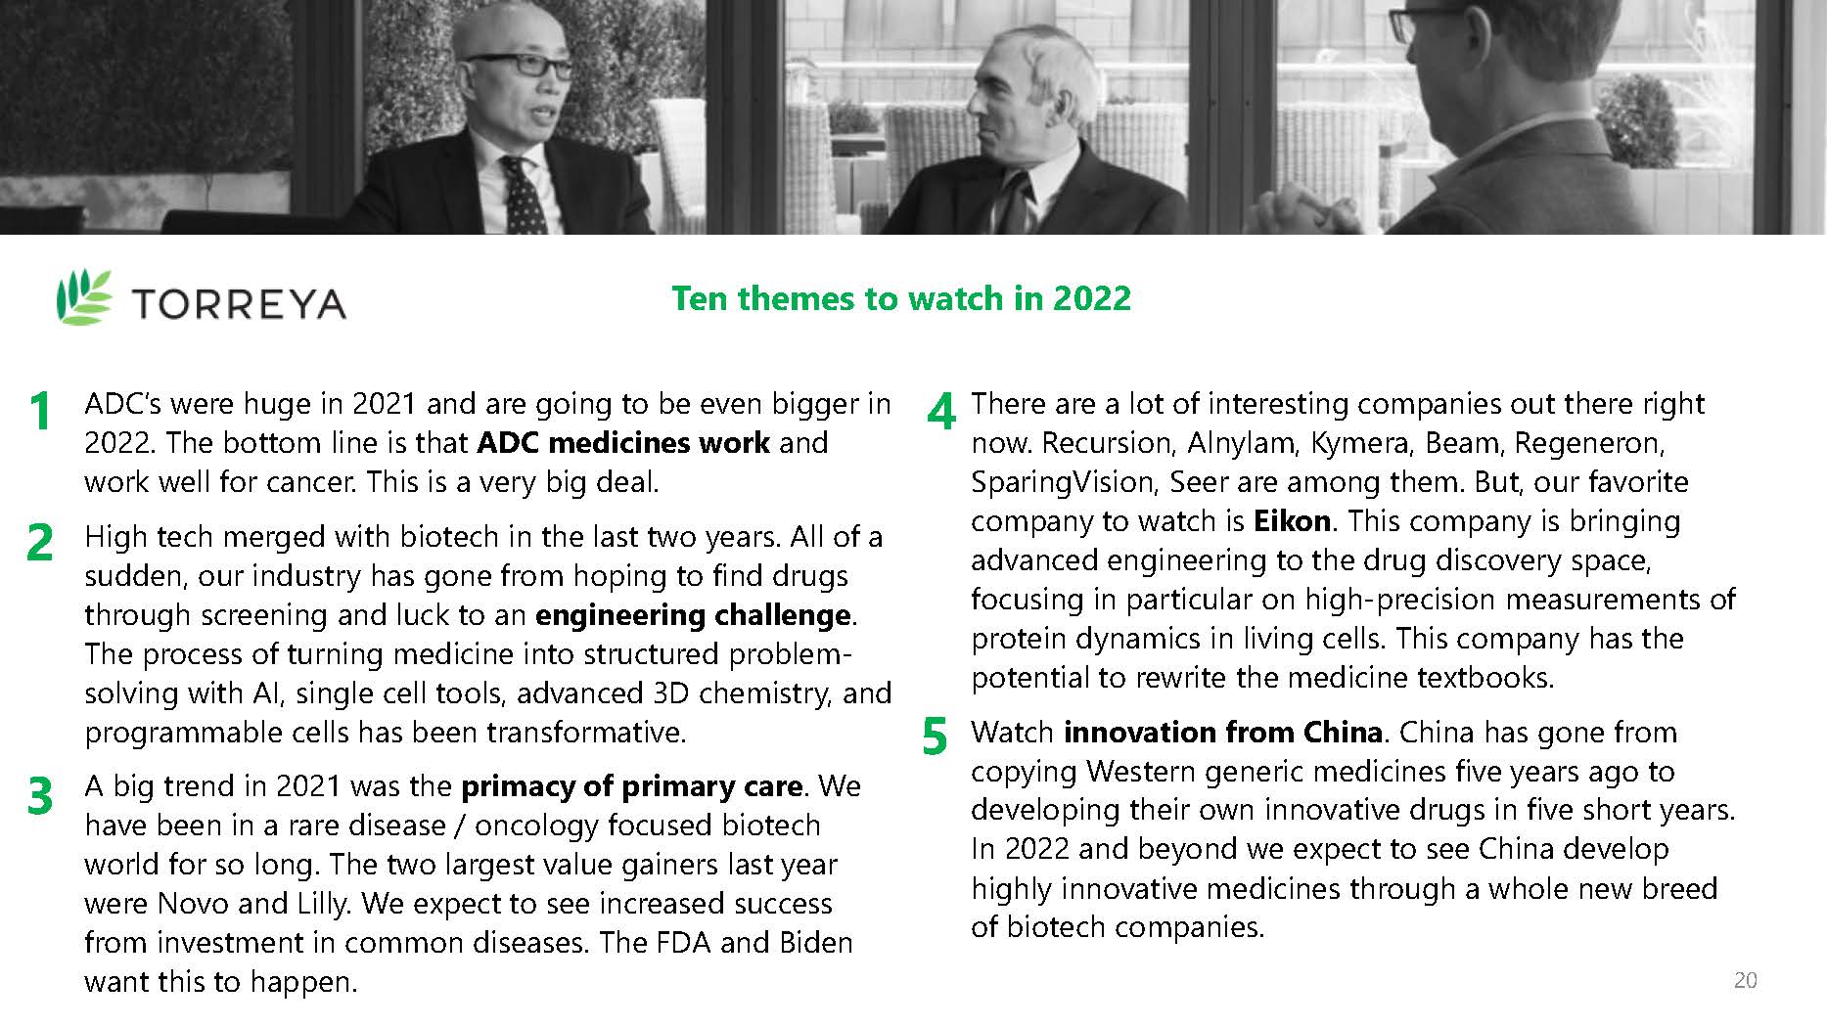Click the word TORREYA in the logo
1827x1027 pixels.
pos(239,303)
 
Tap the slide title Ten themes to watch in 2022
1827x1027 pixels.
pos(901,297)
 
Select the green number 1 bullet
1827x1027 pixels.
pos(40,411)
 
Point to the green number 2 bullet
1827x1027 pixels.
pos(40,543)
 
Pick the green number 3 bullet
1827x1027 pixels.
pos(40,795)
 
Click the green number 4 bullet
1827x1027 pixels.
pos(941,411)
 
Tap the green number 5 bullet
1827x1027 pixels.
pos(936,737)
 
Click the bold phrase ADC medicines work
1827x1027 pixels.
pos(623,442)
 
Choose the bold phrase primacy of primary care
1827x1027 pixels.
pos(631,786)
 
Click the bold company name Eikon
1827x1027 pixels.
pos(1292,520)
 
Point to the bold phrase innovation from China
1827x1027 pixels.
pos(1223,732)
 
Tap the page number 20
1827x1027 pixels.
pos(1745,980)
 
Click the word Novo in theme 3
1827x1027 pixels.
pos(193,903)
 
